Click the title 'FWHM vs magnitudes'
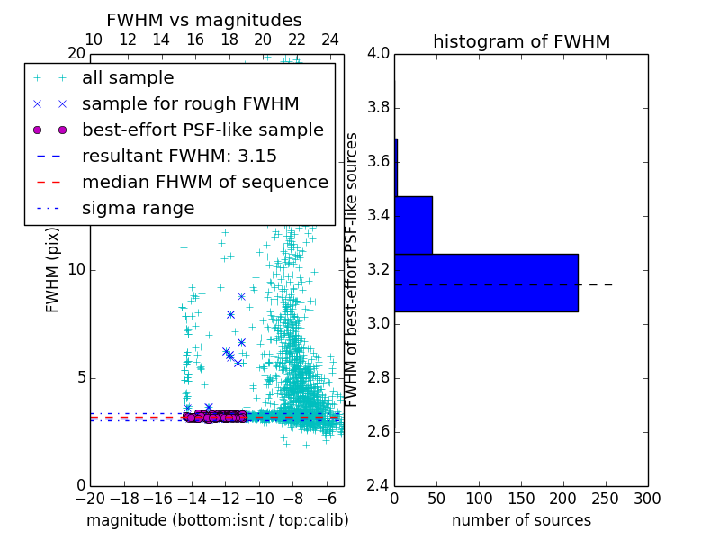tap(204, 20)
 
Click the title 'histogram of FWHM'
tap(521, 41)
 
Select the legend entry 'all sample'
tap(128, 78)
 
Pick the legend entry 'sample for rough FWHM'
tap(190, 104)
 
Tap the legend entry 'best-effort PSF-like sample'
tap(202, 130)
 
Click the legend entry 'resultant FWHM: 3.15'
tap(179, 157)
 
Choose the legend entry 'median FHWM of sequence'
tap(205, 183)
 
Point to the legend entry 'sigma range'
tap(138, 209)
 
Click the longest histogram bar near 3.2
tap(486, 283)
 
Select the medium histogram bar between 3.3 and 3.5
tap(413, 225)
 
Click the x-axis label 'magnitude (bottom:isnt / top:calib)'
tap(217, 520)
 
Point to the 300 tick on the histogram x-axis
tap(648, 498)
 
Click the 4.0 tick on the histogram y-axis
tap(379, 54)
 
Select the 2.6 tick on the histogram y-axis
tap(379, 432)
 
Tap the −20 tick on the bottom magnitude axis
tap(90, 498)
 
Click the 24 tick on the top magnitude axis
tap(330, 40)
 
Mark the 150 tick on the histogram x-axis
tap(521, 498)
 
